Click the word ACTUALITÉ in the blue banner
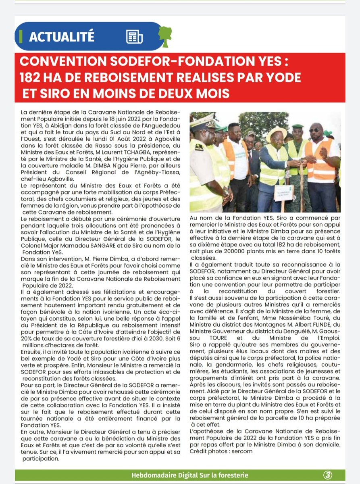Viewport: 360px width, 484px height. point(61,37)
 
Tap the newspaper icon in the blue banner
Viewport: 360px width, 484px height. point(134,37)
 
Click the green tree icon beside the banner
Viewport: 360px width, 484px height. point(164,35)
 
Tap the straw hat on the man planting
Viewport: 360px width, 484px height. point(276,134)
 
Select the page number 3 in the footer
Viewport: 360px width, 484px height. point(327,475)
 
